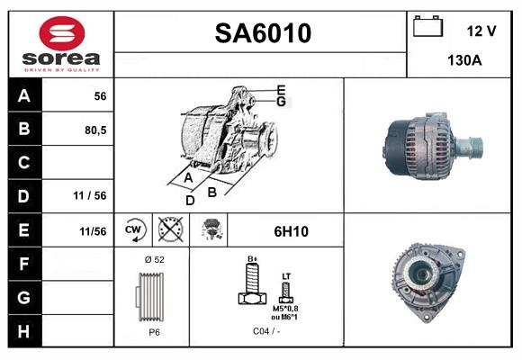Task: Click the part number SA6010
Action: pos(262,33)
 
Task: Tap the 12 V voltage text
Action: pos(481,31)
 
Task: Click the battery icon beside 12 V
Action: pos(427,27)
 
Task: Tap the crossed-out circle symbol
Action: pos(169,230)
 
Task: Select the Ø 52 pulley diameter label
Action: pos(153,260)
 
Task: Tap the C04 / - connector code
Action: pos(265,331)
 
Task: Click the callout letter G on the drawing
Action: pos(281,102)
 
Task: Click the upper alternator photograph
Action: pos(431,145)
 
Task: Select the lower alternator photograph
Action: pos(430,278)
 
